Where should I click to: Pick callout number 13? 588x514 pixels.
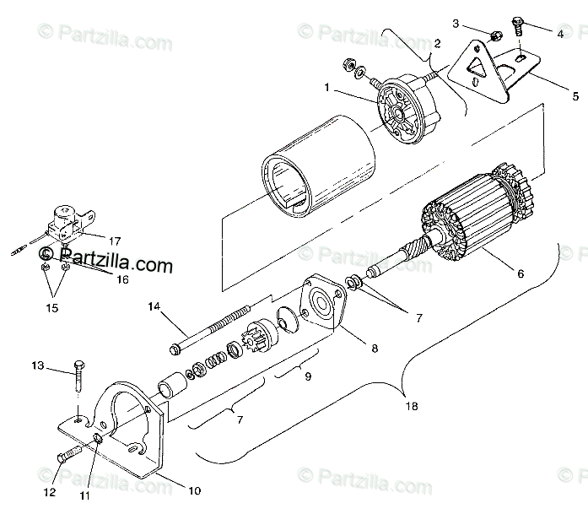[37, 365]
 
